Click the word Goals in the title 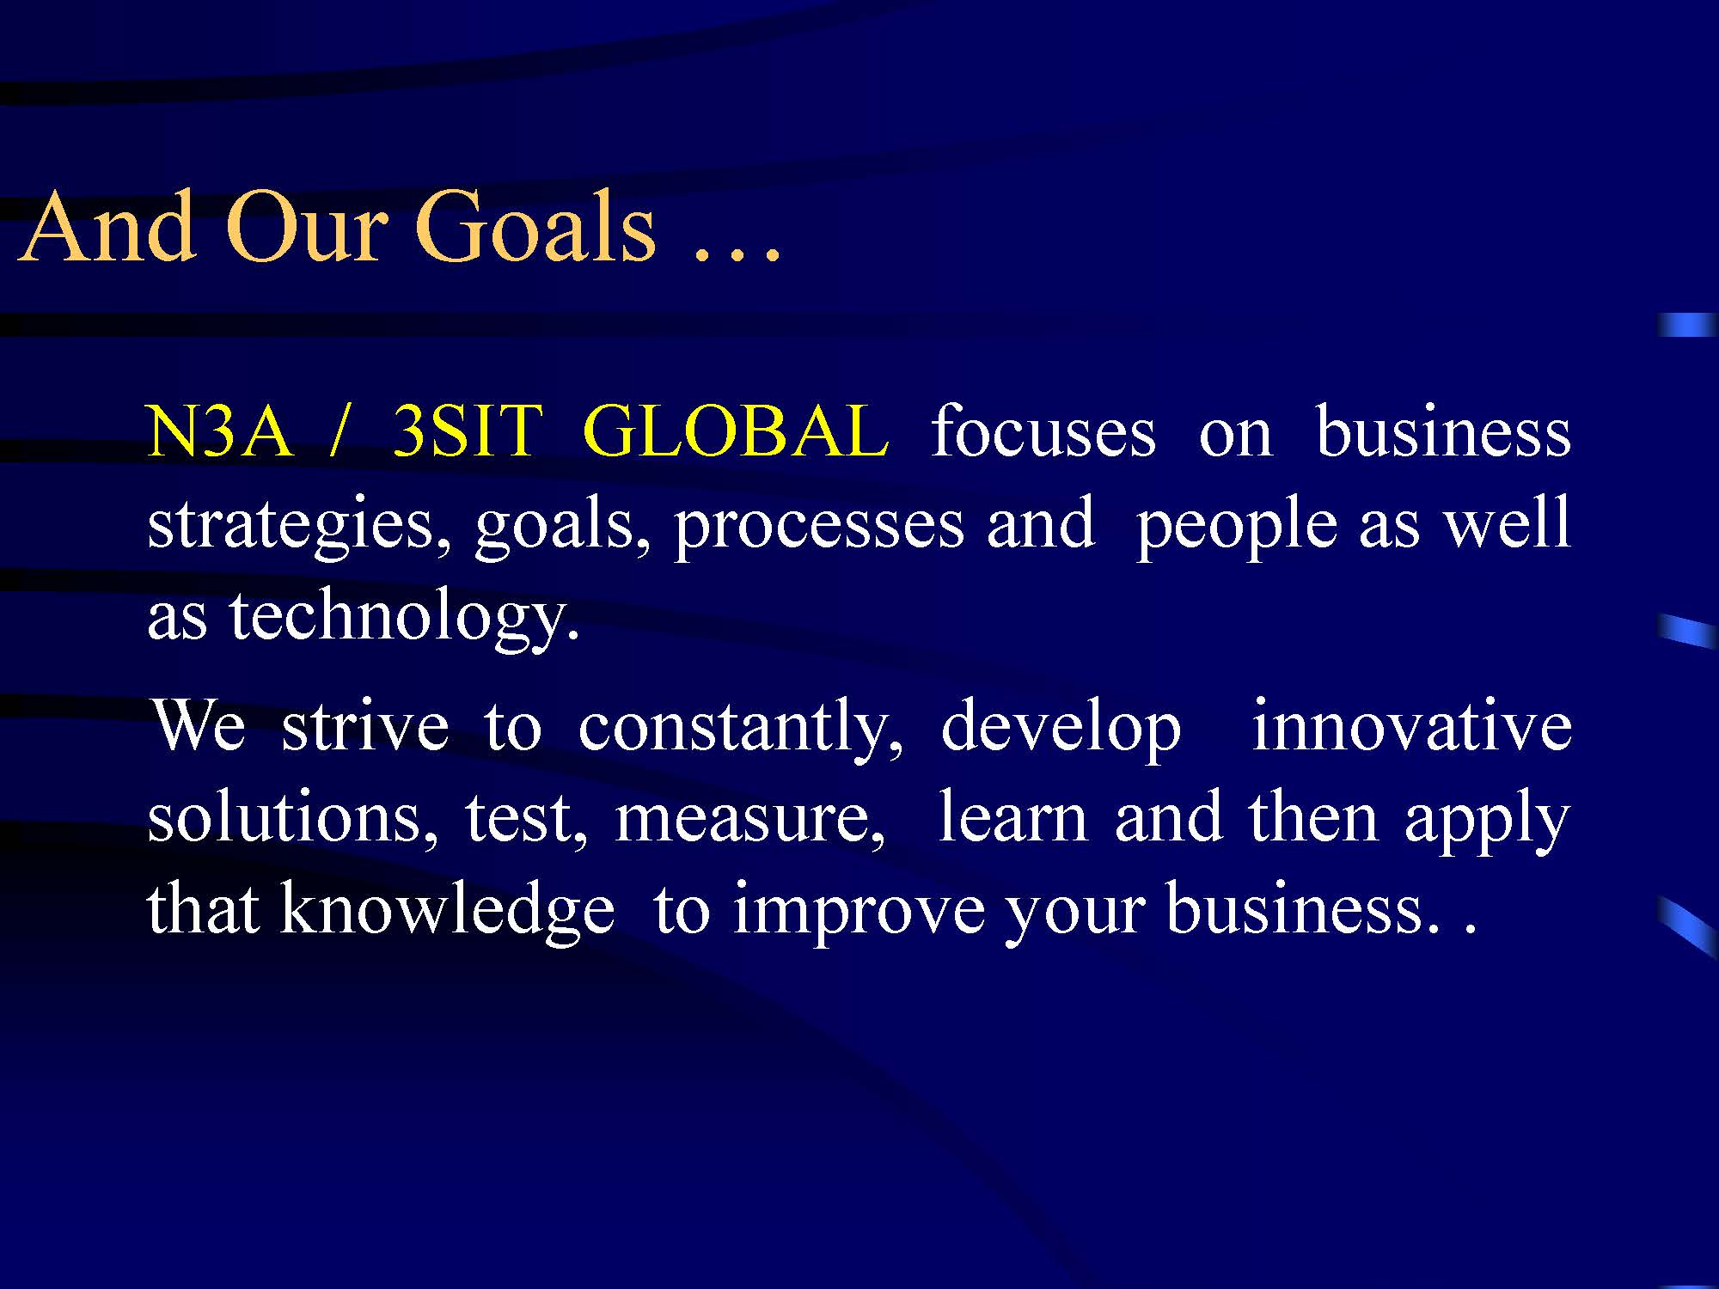coord(535,228)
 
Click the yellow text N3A coord(219,431)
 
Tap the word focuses coord(1043,431)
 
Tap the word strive coord(365,727)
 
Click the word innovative coord(1411,725)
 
